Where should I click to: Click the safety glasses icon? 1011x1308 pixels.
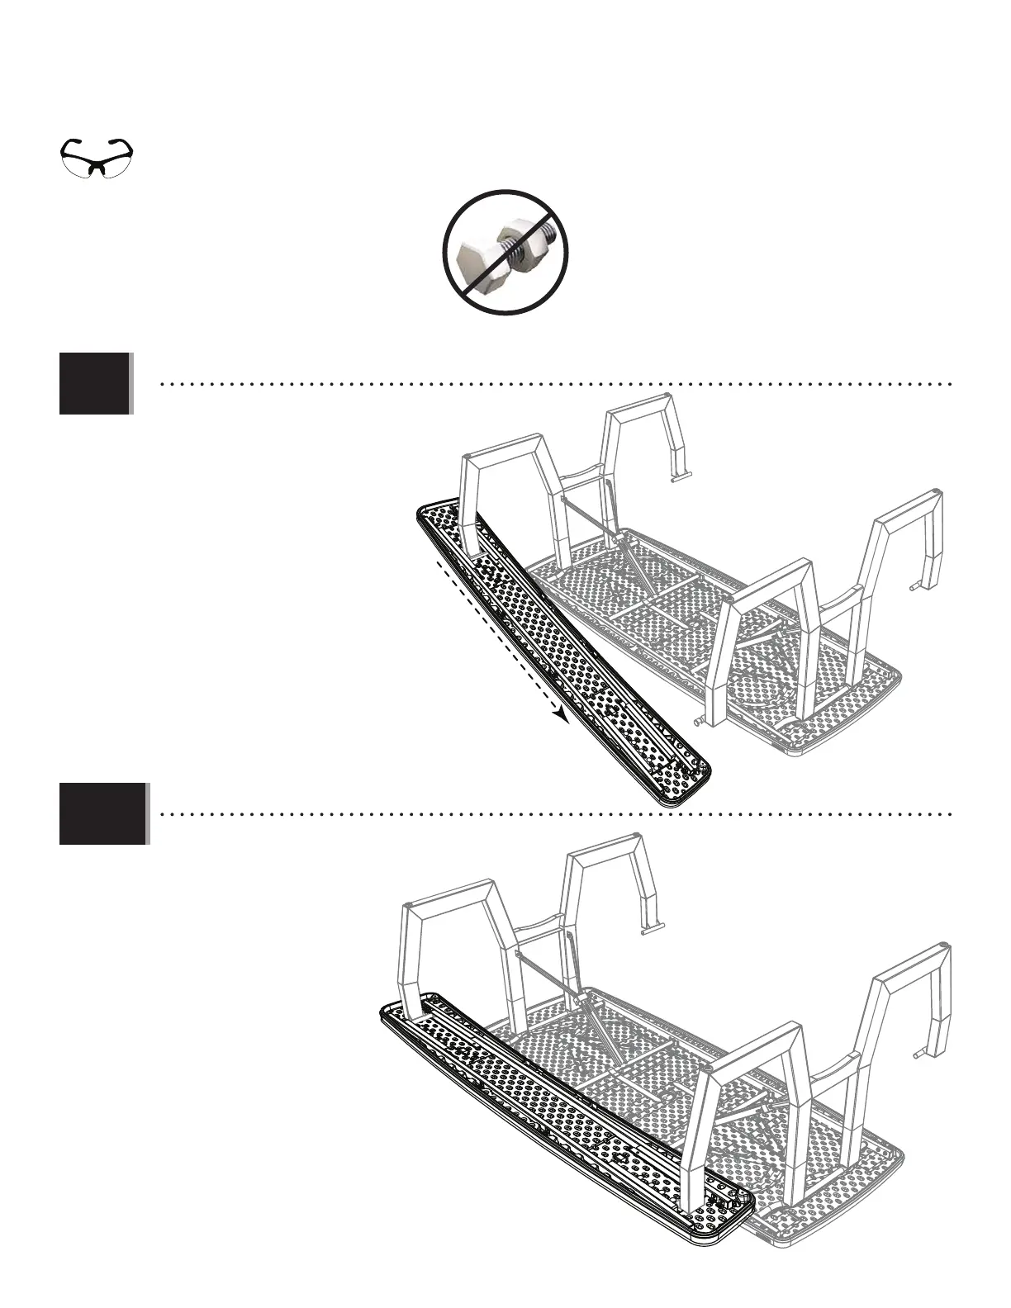pyautogui.click(x=97, y=157)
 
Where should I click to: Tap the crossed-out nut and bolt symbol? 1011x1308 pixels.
pyautogui.click(x=505, y=252)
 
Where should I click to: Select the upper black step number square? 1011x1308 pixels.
pyautogui.click(x=95, y=383)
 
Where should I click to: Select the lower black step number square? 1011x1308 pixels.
pyautogui.click(x=102, y=813)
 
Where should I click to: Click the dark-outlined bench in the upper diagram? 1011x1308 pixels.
pyautogui.click(x=570, y=652)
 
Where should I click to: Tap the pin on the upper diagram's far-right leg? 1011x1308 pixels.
pyautogui.click(x=915, y=585)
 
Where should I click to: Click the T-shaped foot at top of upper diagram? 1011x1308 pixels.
pyautogui.click(x=679, y=476)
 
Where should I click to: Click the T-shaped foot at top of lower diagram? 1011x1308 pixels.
pyautogui.click(x=652, y=931)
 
